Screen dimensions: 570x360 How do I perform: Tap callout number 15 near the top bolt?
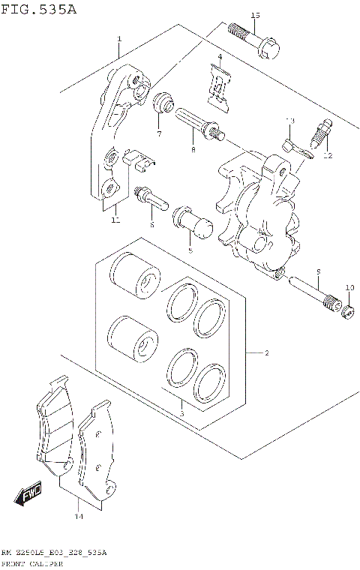pyautogui.click(x=255, y=15)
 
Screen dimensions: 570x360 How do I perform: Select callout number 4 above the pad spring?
pyautogui.click(x=220, y=57)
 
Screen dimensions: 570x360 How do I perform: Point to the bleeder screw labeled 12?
pyautogui.click(x=322, y=137)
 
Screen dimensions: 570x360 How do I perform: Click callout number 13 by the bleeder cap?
pyautogui.click(x=291, y=121)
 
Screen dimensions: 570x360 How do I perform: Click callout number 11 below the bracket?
pyautogui.click(x=115, y=220)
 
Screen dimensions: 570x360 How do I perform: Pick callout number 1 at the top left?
pyautogui.click(x=118, y=38)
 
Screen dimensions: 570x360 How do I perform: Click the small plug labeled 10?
pyautogui.click(x=348, y=309)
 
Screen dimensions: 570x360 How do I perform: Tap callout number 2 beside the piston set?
pyautogui.click(x=266, y=352)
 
